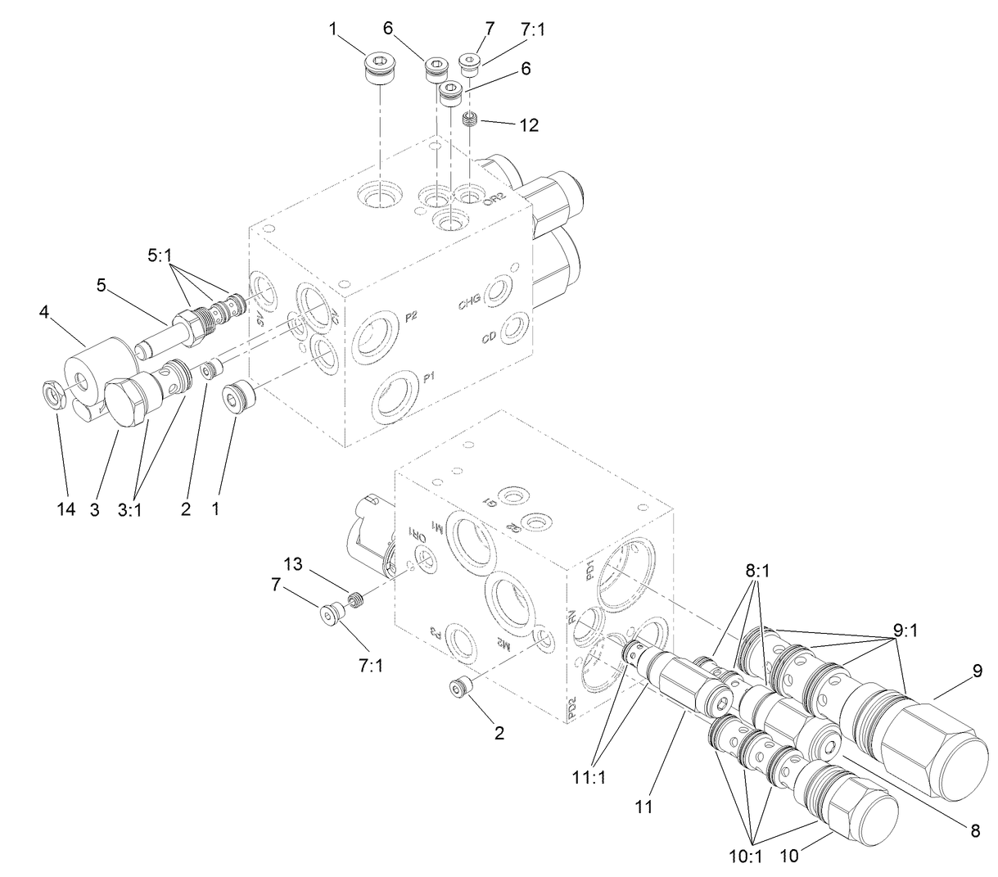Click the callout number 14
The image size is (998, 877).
66,509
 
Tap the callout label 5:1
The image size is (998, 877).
160,255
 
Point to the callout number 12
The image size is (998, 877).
529,125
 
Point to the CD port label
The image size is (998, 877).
489,337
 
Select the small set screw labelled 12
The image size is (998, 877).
471,120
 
